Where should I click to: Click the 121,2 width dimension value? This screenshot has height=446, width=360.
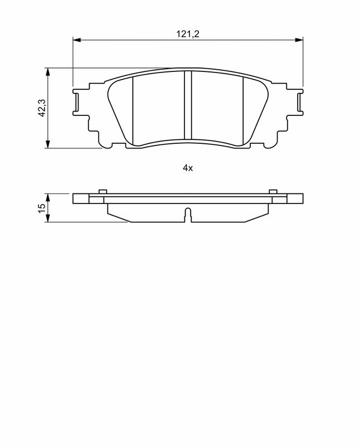(x=188, y=34)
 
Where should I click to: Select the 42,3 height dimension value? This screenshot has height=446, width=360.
(x=42, y=108)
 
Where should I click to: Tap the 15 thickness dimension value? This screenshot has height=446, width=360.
(x=41, y=207)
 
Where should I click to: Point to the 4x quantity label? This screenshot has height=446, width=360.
(x=188, y=168)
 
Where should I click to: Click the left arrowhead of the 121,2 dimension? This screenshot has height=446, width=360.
(x=77, y=40)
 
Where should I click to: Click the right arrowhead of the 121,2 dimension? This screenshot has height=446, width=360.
(x=299, y=40)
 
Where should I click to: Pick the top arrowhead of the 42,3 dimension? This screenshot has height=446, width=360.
(x=48, y=72)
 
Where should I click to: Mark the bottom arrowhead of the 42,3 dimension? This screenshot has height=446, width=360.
(x=48, y=144)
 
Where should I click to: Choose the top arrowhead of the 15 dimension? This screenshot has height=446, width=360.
(x=48, y=198)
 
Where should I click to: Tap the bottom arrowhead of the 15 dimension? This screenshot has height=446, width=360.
(x=48, y=218)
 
